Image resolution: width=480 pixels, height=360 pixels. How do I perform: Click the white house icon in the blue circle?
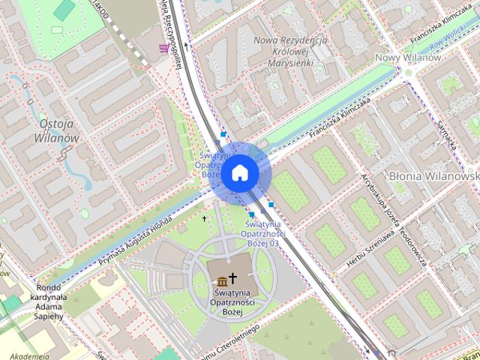pyautogui.click(x=240, y=173)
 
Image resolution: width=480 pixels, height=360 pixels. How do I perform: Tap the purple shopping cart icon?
pyautogui.click(x=163, y=48)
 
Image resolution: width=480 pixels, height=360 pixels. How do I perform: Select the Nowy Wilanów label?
pyautogui.click(x=407, y=58)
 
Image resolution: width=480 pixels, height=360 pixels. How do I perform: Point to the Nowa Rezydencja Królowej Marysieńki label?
pyautogui.click(x=291, y=52)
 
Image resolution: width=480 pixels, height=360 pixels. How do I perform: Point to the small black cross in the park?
pyautogui.click(x=204, y=219)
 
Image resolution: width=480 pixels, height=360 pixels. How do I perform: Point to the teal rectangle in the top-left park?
pyautogui.click(x=65, y=9)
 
